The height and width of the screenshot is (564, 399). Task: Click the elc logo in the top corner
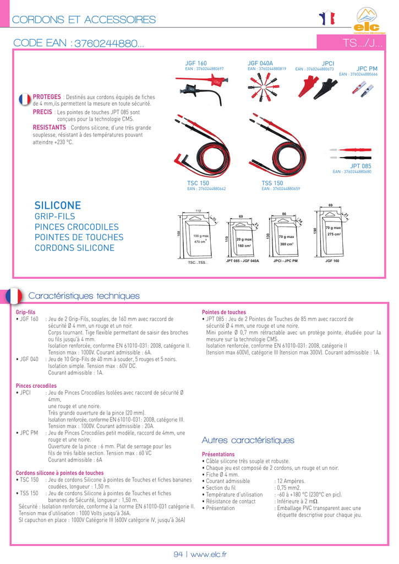tap(368, 21)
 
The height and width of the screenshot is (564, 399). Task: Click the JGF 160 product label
tap(196, 64)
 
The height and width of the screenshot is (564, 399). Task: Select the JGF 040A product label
tap(260, 64)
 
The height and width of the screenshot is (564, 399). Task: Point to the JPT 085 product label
tap(360, 166)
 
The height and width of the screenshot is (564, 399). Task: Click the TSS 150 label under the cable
tap(272, 183)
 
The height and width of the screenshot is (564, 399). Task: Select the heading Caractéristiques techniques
tap(84, 296)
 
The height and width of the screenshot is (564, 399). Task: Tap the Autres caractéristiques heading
tap(248, 440)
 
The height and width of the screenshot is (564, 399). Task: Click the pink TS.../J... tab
tap(363, 43)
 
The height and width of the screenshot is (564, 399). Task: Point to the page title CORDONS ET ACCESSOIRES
tap(84, 20)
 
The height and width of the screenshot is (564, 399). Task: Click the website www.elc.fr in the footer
tap(209, 554)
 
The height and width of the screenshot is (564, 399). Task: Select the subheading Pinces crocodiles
tap(36, 386)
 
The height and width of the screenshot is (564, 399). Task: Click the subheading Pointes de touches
tap(224, 312)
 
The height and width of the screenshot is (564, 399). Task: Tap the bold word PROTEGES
tap(47, 97)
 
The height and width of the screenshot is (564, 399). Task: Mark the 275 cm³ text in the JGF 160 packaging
tap(334, 235)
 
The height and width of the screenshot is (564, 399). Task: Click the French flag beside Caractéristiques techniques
tap(14, 296)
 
